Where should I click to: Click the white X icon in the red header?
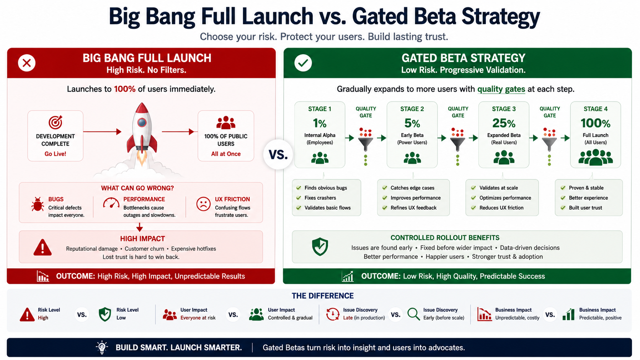(x=26, y=63)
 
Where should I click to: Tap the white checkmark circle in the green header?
(x=303, y=63)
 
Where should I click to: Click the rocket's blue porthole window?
(x=142, y=123)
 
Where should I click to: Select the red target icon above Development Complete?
(x=56, y=122)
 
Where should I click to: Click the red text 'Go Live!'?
(x=55, y=154)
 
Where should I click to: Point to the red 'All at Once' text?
(x=226, y=154)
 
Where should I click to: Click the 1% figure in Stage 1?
(x=320, y=123)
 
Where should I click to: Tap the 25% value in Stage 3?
(x=504, y=123)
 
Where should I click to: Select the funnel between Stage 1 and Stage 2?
(x=366, y=144)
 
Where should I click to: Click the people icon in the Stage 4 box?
(x=596, y=157)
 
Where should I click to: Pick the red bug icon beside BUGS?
(x=38, y=204)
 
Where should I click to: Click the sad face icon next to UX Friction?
(x=203, y=204)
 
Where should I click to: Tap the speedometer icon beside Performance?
(x=111, y=203)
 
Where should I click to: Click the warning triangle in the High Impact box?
(x=42, y=247)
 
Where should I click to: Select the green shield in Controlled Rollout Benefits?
(x=320, y=247)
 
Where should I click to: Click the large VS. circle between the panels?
(x=278, y=155)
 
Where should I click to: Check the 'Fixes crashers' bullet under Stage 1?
(x=316, y=198)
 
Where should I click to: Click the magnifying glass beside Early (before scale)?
(x=413, y=314)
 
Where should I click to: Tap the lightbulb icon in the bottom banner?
(x=102, y=347)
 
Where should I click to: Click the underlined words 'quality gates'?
(x=501, y=90)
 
